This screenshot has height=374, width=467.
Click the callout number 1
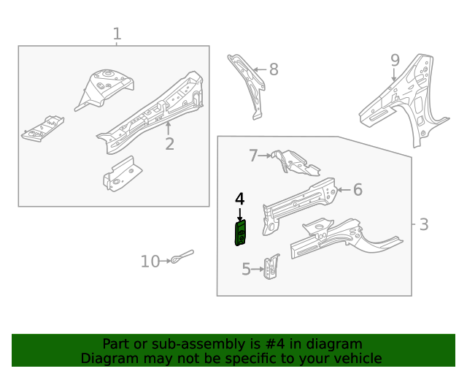pos(117,34)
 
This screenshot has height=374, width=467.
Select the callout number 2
pos(169,143)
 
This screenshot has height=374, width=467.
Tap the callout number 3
pos(424,224)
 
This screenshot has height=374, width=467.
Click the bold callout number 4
pos(239,199)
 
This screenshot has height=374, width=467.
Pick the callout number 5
pos(246,270)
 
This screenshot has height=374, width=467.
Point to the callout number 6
pos(358,190)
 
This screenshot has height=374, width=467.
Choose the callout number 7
pos(254,155)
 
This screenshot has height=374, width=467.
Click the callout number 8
pos(274,69)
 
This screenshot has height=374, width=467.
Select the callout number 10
pos(150,261)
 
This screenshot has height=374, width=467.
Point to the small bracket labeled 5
pos(273,267)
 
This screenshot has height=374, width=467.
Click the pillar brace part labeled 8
pos(248,84)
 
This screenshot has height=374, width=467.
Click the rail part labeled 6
pos(299,201)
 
